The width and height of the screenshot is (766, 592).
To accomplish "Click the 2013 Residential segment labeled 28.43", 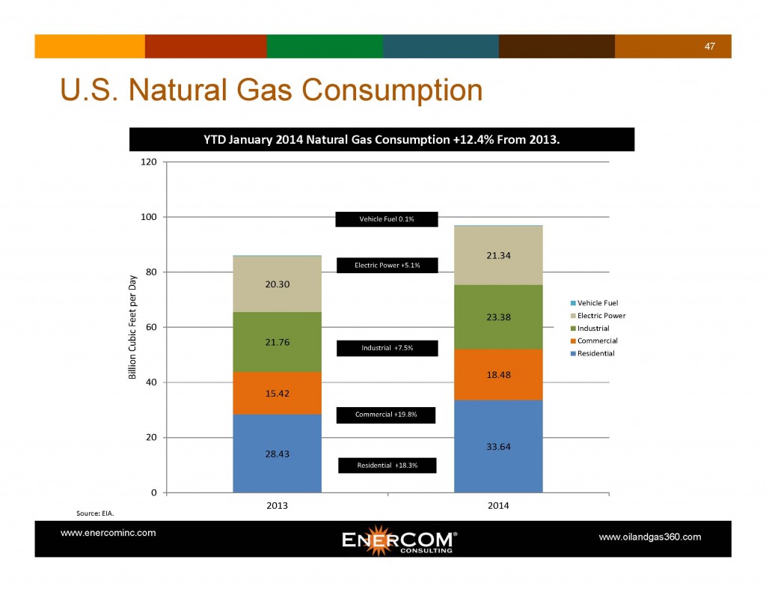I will [x=277, y=453].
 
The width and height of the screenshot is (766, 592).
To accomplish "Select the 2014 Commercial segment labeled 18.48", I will [x=498, y=374].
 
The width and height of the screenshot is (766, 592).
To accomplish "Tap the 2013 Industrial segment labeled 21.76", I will [x=277, y=343].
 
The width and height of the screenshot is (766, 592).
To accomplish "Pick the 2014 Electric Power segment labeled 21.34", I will [x=498, y=254].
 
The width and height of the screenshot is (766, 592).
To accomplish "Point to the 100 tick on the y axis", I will [x=149, y=217].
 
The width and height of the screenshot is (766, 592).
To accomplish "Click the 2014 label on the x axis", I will [x=498, y=506].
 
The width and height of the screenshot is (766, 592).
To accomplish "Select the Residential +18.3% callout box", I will [x=387, y=465].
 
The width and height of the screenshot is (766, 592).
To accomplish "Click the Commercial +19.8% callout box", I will [x=386, y=415].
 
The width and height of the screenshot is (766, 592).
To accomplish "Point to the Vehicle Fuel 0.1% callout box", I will [x=386, y=219].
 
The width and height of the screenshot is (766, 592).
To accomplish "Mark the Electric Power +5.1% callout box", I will [x=387, y=265].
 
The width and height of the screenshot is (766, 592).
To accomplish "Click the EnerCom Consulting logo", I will [x=399, y=540].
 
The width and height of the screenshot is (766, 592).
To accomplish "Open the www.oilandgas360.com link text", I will [x=650, y=537].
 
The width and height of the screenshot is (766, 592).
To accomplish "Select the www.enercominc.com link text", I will [x=108, y=533].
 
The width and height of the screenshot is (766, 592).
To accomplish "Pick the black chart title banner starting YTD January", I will [x=382, y=139].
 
